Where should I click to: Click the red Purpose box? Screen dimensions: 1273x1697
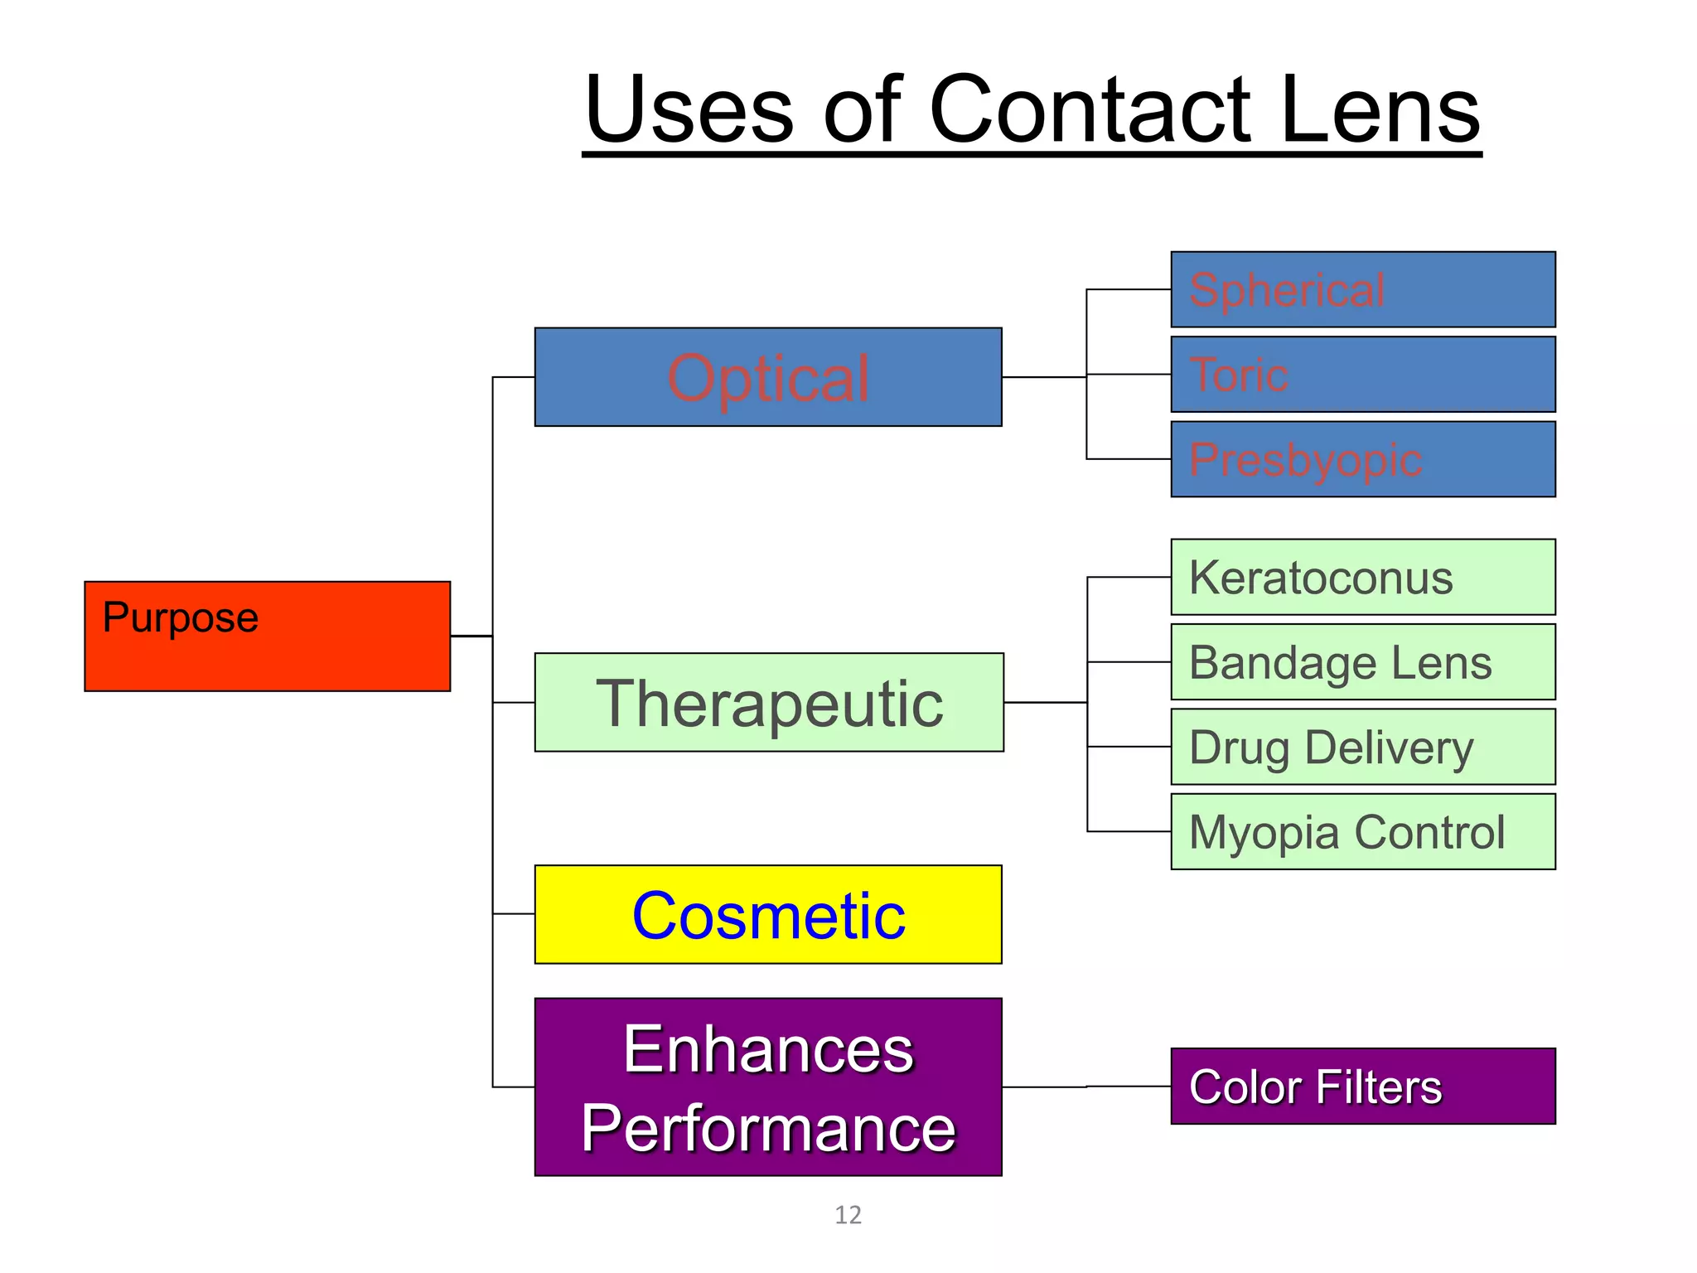pyautogui.click(x=267, y=636)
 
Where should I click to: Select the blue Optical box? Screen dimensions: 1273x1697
pyautogui.click(x=768, y=377)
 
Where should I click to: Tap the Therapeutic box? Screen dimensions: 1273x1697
pyautogui.click(x=769, y=702)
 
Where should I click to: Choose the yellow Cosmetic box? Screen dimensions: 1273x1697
pyautogui.click(x=768, y=914)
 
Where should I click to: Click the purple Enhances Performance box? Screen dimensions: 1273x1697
pyautogui.click(x=768, y=1087)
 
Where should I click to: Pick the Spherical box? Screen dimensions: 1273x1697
pyautogui.click(x=1363, y=289)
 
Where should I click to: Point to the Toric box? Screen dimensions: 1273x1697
pyautogui.click(x=1363, y=374)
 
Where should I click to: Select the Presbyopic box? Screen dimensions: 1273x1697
pyautogui.click(x=1363, y=459)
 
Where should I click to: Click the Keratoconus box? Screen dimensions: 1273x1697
pyautogui.click(x=1363, y=577)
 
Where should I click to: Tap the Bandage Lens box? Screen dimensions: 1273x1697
pyautogui.click(x=1363, y=662)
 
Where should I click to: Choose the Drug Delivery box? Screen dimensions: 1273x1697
pyautogui.click(x=1363, y=747)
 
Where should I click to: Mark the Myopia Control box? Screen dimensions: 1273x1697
pyautogui.click(x=1363, y=831)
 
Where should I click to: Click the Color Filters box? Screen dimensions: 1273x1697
pyautogui.click(x=1363, y=1086)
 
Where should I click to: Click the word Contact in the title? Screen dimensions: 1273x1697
pyautogui.click(x=1090, y=109)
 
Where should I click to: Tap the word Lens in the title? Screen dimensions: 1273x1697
pyautogui.click(x=1379, y=109)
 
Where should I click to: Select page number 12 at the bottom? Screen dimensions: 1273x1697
pyautogui.click(x=848, y=1215)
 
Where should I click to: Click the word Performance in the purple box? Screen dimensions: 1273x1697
pyautogui.click(x=768, y=1128)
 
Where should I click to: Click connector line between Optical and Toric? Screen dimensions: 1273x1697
pyautogui.click(x=1044, y=377)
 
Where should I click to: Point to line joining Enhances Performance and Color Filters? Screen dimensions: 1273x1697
pyautogui.click(x=1085, y=1087)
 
